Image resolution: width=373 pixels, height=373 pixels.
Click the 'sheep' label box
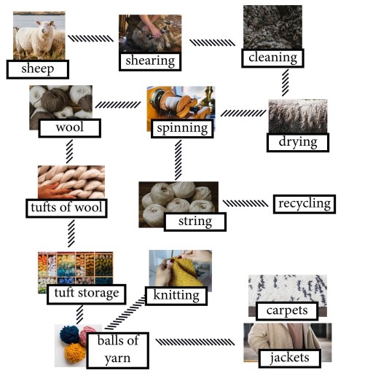pos(37,69)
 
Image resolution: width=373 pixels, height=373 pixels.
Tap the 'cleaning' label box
pos(272,58)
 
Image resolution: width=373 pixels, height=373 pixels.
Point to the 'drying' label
pos(298,141)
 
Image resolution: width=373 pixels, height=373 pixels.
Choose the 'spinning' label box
pos(181,129)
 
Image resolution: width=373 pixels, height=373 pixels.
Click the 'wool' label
pos(68,129)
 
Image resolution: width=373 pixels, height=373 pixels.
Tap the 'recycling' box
pos(304,203)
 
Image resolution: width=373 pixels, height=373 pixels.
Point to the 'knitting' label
pos(176,296)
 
